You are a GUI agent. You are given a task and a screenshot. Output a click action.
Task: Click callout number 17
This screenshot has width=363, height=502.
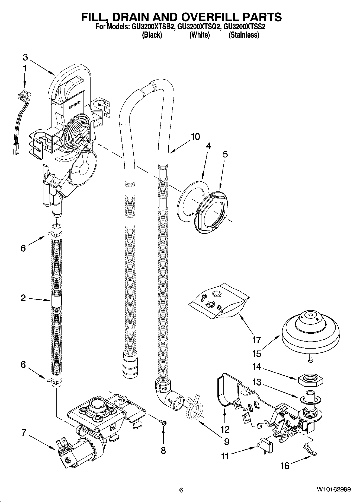256,340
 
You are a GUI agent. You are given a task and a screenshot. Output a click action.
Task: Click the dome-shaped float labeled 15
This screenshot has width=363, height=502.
310,331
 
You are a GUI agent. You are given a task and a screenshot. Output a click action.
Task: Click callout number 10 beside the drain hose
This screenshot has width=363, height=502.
195,137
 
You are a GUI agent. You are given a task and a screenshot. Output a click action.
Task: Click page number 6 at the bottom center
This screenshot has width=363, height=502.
181,490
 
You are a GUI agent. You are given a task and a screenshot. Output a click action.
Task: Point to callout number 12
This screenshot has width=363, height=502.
225,429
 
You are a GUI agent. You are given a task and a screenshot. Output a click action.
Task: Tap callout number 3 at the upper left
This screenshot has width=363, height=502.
25,57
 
